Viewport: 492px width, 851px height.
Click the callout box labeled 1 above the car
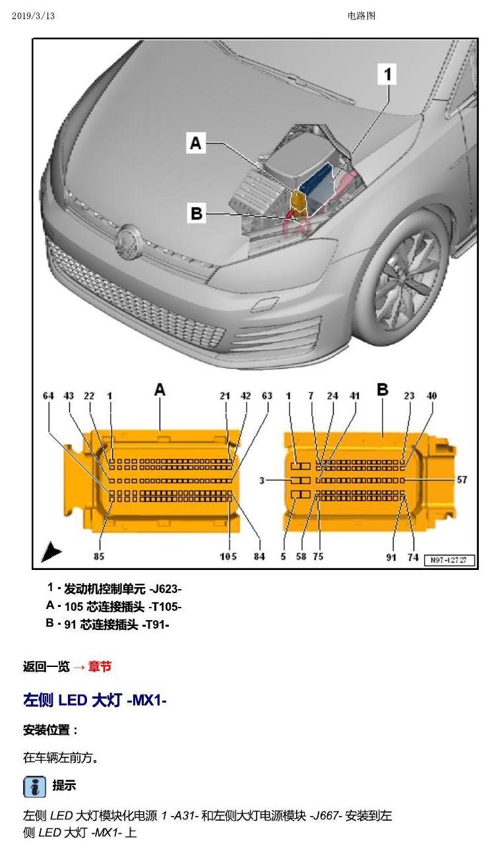(x=386, y=74)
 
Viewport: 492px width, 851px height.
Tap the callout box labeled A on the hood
(x=196, y=143)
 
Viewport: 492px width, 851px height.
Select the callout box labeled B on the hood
(x=197, y=212)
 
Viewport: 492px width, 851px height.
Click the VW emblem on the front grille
(x=128, y=242)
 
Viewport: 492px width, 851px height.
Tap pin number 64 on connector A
(x=48, y=396)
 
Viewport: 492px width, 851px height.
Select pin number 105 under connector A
(x=228, y=557)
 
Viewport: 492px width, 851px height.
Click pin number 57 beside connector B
(x=462, y=480)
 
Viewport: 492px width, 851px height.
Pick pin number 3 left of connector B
(x=262, y=481)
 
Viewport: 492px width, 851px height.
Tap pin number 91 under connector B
(x=391, y=557)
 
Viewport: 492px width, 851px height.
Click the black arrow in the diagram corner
(x=51, y=552)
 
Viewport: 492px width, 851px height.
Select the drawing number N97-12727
(x=448, y=560)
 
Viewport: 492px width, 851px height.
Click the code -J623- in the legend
(x=166, y=589)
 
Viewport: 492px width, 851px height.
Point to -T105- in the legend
(x=165, y=607)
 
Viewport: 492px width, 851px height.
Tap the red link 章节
(x=100, y=666)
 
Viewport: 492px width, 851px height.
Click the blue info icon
(x=34, y=787)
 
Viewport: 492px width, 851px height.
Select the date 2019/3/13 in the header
(x=33, y=16)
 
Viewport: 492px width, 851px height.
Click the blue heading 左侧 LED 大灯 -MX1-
(x=95, y=700)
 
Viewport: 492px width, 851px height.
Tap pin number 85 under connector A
(x=99, y=557)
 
